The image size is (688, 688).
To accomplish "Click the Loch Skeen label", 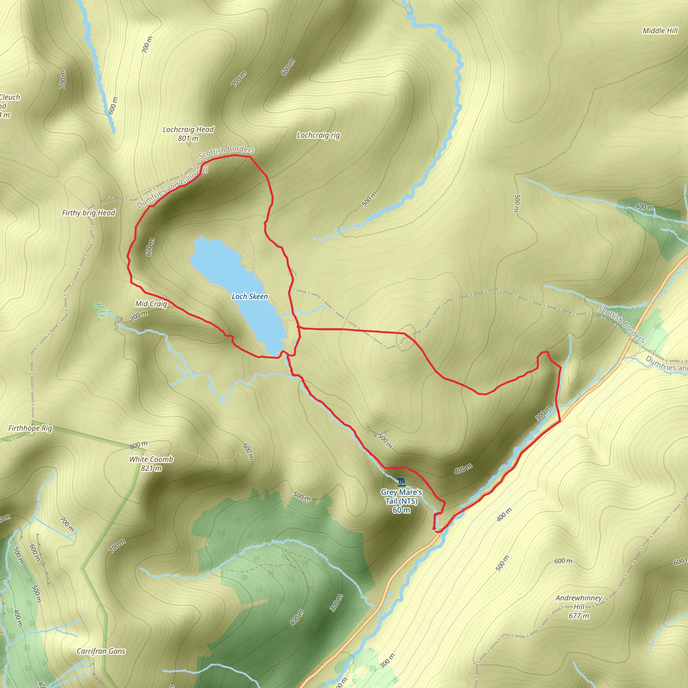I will (x=250, y=296).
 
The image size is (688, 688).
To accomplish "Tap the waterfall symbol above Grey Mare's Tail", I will (x=401, y=483).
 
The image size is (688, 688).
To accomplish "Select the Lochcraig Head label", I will (x=188, y=130).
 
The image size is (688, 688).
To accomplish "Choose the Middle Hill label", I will (x=660, y=31).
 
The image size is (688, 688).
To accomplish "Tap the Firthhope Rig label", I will (x=30, y=428).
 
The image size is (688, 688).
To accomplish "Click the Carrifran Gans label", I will (x=101, y=651).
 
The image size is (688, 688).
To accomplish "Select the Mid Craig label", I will (x=151, y=304).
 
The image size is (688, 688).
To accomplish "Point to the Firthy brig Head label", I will (x=88, y=213).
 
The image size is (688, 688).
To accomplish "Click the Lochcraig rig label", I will (x=318, y=135).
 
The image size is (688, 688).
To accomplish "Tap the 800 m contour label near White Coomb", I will (x=138, y=444).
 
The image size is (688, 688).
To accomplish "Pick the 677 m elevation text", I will (x=579, y=616).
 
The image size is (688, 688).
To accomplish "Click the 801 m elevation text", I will (x=188, y=138).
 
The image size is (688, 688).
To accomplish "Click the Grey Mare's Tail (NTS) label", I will (x=401, y=497).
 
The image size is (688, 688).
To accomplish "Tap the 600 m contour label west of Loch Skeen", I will (x=150, y=247).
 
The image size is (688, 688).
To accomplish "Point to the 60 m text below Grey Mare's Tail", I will (x=401, y=510).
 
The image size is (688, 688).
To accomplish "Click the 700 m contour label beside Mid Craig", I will (x=138, y=316).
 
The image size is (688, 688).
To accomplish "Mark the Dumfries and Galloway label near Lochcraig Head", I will (x=172, y=187).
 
